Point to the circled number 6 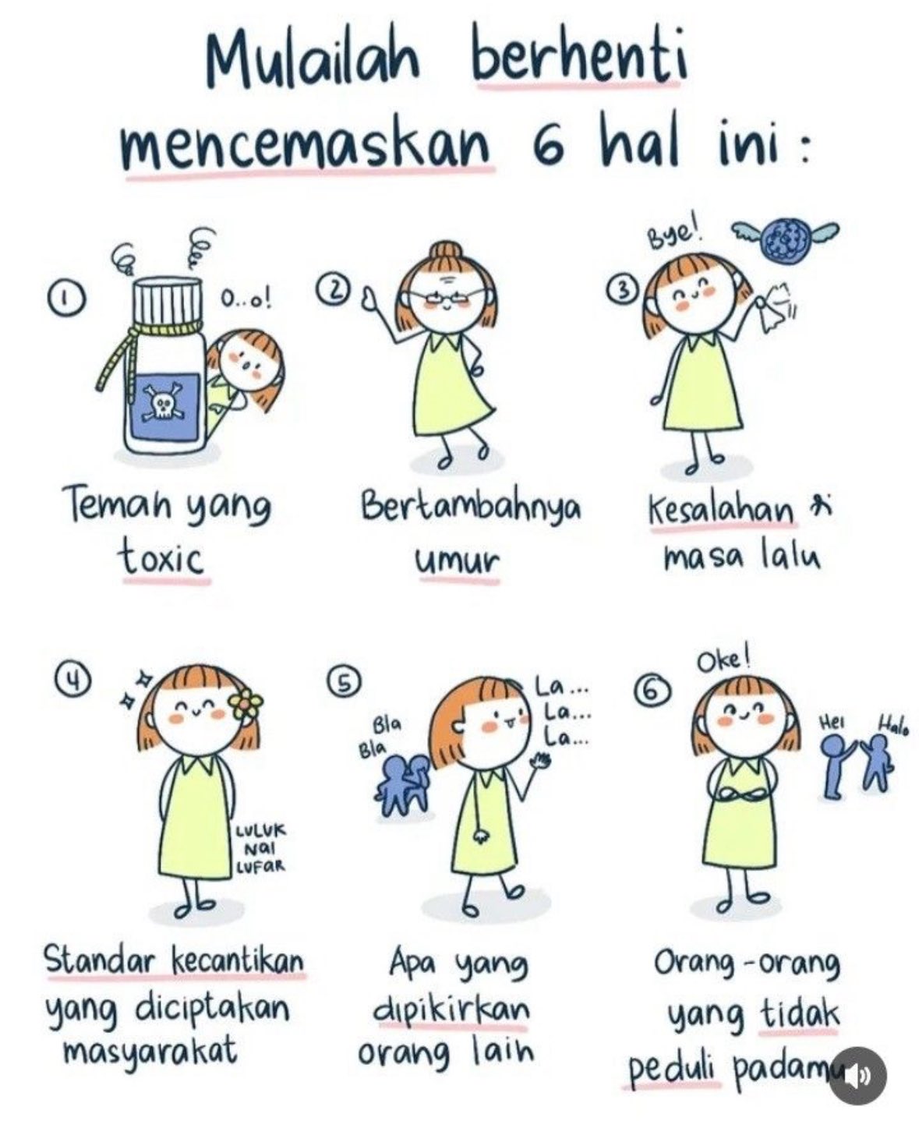pyautogui.click(x=653, y=691)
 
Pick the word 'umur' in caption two pyautogui.click(x=458, y=560)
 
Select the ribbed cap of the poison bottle pyautogui.click(x=168, y=304)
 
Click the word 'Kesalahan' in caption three pyautogui.click(x=722, y=510)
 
